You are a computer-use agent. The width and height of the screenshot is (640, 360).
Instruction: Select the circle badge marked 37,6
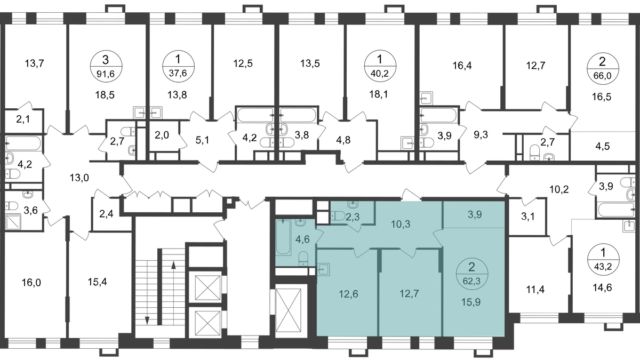[178, 66]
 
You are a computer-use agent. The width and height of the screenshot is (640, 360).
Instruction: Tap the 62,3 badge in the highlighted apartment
[471, 274]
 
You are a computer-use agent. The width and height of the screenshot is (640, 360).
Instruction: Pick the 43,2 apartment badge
[603, 260]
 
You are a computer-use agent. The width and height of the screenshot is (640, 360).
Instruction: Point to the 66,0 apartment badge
[603, 69]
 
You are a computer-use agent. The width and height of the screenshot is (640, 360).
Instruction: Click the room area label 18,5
[105, 95]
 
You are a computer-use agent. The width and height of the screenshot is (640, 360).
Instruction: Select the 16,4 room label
[462, 66]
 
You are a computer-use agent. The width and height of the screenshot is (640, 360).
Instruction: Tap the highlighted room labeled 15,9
[471, 302]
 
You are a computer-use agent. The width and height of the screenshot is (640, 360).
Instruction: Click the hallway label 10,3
[401, 225]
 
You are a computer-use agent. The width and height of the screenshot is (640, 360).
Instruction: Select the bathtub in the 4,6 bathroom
[284, 237]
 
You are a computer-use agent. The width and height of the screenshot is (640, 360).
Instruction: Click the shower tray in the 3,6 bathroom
[13, 221]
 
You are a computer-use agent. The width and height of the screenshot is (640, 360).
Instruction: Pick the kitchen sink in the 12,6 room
[323, 269]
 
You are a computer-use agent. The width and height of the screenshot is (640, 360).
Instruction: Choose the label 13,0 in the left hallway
[79, 178]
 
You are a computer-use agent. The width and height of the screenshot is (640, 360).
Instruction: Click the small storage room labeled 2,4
[106, 214]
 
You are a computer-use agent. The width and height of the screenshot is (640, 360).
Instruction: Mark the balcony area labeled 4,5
[602, 146]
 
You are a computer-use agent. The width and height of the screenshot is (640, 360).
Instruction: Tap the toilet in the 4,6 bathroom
[303, 258]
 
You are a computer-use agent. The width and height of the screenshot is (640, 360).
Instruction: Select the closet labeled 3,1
[527, 217]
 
